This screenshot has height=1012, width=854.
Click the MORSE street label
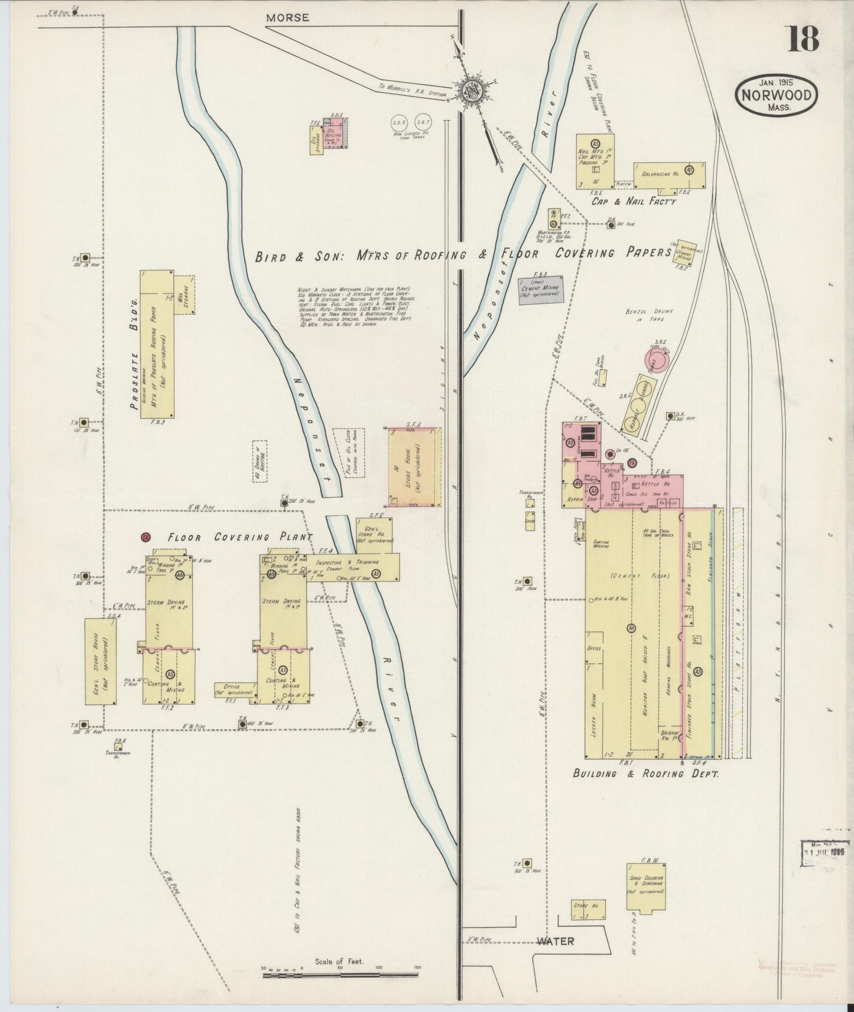click(287, 18)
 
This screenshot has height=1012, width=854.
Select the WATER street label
click(555, 941)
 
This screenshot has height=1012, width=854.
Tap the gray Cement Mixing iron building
click(541, 290)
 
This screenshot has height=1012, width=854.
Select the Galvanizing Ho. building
click(669, 175)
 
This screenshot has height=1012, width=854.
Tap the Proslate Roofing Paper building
click(157, 344)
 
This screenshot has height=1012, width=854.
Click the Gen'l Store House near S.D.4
click(100, 661)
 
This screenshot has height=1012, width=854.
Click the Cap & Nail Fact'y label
click(634, 201)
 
